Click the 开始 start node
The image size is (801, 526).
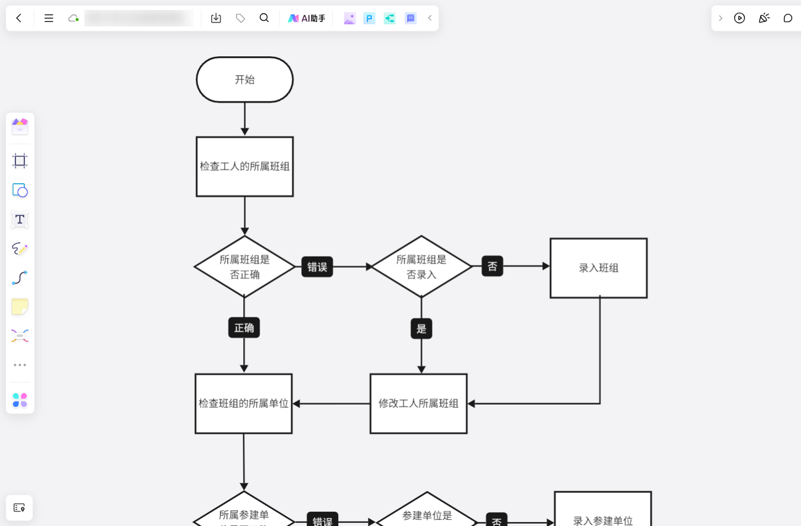pos(244,79)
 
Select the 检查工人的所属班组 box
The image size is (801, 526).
pos(244,167)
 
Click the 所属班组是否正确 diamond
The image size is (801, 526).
pos(244,267)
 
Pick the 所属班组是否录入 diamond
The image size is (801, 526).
pos(421,267)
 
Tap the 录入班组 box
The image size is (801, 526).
pos(599,268)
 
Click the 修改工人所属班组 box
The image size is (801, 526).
pos(419,403)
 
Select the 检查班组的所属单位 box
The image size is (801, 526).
pos(243,403)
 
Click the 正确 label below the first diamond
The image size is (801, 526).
pos(244,328)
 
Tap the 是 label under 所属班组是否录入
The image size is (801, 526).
pos(421,329)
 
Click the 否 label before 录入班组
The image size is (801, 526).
pos(492,267)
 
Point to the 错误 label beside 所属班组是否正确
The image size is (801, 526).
pos(317,267)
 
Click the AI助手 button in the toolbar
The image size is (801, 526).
pos(307,18)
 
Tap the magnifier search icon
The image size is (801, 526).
pos(264,18)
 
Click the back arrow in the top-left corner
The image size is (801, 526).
pos(19,18)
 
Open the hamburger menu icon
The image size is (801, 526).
pos(49,18)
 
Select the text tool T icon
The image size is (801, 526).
pos(20,220)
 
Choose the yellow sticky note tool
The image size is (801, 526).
pos(20,307)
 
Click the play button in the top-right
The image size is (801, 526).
pos(739,18)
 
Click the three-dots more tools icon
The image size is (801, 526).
pos(20,365)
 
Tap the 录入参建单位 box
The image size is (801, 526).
pos(602,514)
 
